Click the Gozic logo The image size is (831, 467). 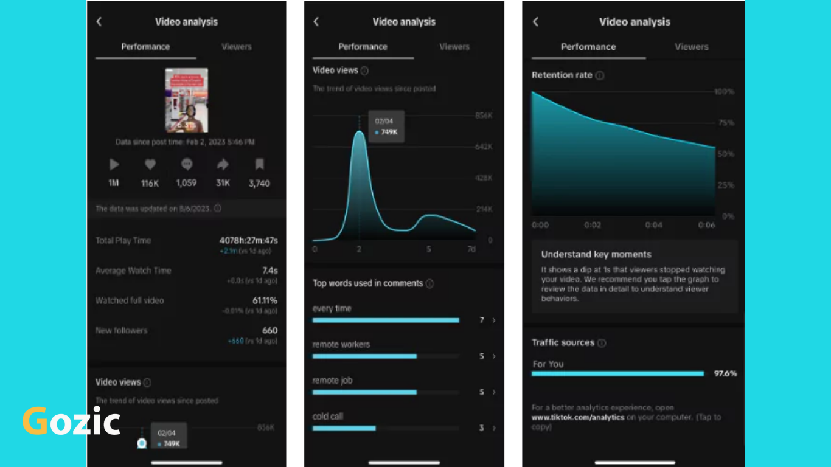tap(71, 421)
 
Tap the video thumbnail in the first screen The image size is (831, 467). tap(187, 100)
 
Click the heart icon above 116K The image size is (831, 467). tap(150, 164)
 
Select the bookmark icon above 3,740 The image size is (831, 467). tap(259, 164)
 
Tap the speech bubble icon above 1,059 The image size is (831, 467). tap(187, 164)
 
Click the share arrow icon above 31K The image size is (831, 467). tap(223, 164)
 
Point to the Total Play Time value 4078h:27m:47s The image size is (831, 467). tap(248, 241)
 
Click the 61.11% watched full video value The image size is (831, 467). tap(265, 300)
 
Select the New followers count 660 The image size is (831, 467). tap(269, 331)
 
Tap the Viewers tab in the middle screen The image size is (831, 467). tap(454, 47)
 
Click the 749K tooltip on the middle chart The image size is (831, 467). tap(386, 126)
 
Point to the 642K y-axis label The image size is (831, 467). tap(483, 147)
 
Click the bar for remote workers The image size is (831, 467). tap(364, 356)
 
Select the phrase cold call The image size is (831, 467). tap(328, 417)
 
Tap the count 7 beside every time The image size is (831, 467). tap(481, 320)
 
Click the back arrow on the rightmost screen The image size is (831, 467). tap(535, 22)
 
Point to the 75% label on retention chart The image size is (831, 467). tap(726, 123)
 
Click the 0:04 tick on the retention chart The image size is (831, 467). tap(654, 225)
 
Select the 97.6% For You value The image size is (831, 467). tap(725, 373)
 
